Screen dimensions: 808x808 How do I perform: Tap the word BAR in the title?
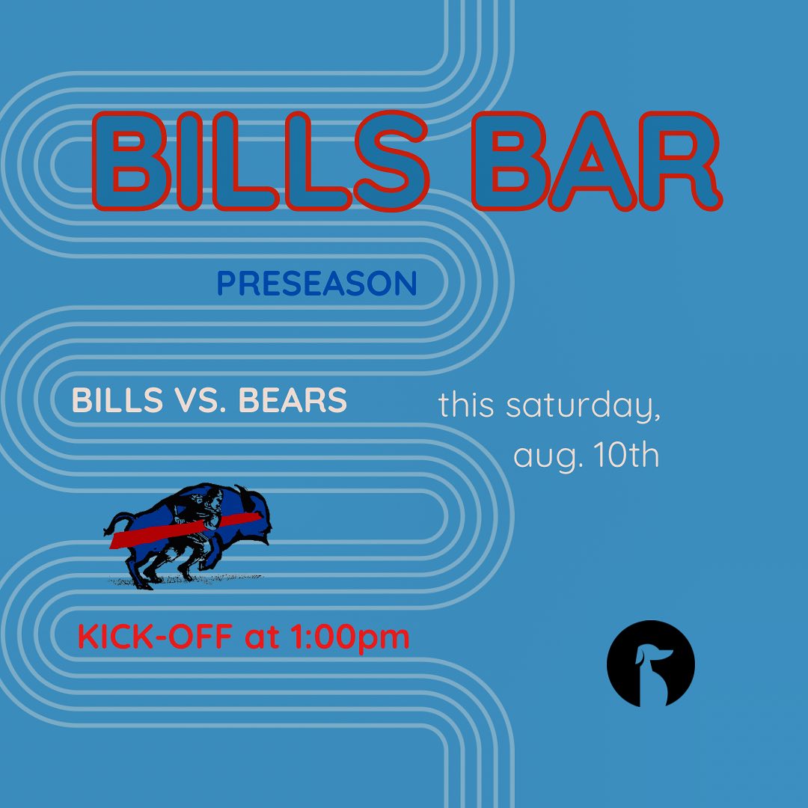[597, 161]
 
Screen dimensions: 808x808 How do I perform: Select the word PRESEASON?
[317, 284]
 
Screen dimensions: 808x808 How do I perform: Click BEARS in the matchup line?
[293, 400]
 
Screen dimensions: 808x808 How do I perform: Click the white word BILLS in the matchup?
[117, 400]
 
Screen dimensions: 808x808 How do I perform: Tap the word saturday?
[583, 406]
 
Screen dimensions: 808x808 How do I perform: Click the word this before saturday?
[466, 405]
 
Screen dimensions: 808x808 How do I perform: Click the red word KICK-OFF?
[155, 636]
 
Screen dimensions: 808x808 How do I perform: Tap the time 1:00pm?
[350, 638]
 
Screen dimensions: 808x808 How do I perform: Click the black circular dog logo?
[650, 663]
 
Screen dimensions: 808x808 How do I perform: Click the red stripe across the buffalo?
[185, 530]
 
